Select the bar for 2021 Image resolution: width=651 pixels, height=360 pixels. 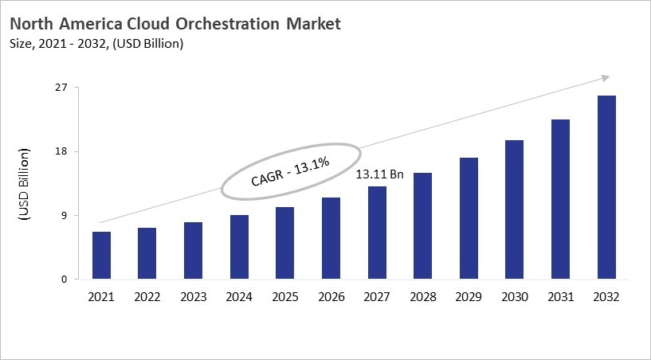(101, 256)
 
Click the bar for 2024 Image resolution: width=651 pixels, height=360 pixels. (238, 247)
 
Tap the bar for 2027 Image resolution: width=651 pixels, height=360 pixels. (377, 233)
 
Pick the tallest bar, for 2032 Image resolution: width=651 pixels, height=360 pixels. (606, 187)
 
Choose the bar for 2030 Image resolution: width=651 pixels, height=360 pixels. (515, 209)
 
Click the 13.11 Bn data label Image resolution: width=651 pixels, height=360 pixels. (380, 174)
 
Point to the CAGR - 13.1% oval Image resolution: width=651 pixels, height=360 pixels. (290, 170)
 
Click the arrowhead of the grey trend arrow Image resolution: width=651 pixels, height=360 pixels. (605, 77)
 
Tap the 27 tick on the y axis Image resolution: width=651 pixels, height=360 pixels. (61, 88)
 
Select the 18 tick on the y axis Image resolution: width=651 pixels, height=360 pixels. (61, 151)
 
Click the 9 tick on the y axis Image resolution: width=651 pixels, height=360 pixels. (65, 215)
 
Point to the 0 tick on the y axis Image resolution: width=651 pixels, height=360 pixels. (65, 280)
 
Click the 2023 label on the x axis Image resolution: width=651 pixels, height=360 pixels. (193, 296)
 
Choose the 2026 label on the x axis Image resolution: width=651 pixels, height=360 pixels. (331, 296)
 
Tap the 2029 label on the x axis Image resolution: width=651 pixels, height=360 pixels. (469, 296)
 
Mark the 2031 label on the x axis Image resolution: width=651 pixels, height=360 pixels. (560, 296)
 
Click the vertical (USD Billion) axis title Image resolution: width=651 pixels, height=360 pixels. (24, 184)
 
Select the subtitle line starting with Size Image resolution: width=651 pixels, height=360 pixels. (97, 44)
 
